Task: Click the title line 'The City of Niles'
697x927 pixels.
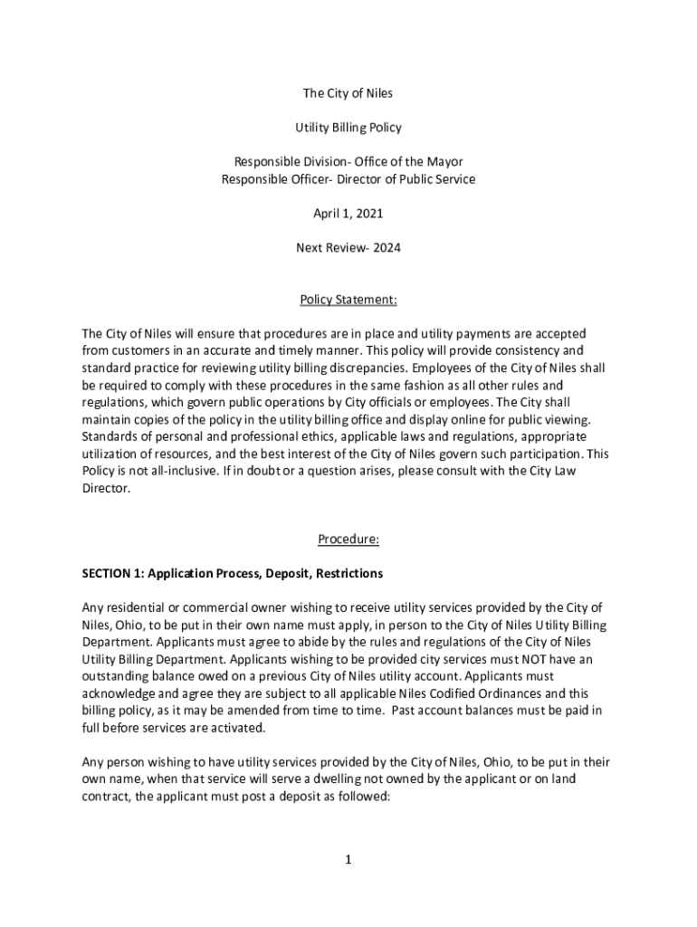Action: click(348, 94)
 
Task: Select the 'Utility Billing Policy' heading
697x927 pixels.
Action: click(348, 128)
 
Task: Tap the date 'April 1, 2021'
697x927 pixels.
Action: click(348, 214)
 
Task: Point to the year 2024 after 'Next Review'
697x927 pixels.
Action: click(386, 248)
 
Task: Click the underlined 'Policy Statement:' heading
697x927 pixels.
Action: click(348, 299)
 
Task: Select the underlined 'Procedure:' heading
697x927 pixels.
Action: click(348, 540)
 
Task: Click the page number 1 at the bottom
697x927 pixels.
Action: click(348, 860)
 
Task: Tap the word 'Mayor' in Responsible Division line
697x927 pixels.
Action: click(444, 162)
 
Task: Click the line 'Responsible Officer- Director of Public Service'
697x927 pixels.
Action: click(348, 179)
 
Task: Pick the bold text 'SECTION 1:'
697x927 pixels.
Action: click(113, 573)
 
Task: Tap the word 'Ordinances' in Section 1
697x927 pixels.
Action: click(502, 693)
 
